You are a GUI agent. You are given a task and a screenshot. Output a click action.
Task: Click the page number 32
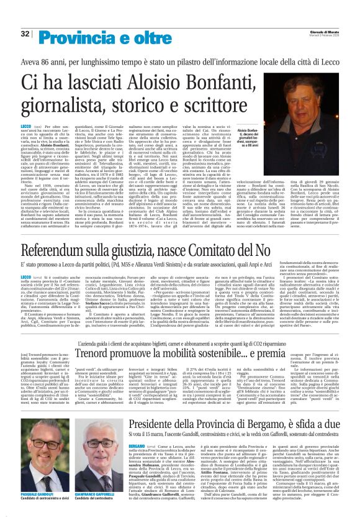(25, 34)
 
